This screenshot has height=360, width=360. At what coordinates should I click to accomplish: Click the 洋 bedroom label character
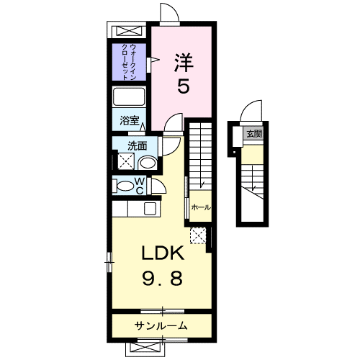point(184,63)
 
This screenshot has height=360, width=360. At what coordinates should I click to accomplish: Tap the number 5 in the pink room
point(184,86)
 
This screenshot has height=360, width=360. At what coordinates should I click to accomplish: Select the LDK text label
point(163,253)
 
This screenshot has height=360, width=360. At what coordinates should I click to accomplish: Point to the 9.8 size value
point(163,278)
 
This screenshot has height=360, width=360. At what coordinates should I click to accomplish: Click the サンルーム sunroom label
point(161,326)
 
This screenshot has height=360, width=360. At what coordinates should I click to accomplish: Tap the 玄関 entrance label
point(254,134)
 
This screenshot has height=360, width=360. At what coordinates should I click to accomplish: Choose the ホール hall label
point(201,207)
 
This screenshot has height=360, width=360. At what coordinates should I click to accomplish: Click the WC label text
point(140,186)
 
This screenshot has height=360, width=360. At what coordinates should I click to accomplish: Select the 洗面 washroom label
point(138,145)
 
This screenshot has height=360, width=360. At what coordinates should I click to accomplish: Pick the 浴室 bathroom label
point(130,120)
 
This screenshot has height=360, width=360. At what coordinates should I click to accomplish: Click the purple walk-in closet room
point(129,62)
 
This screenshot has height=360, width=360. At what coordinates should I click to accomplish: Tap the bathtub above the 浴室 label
point(129,96)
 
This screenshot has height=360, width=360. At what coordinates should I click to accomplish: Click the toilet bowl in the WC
point(125,186)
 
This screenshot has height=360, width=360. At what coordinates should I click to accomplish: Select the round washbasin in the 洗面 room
point(148,163)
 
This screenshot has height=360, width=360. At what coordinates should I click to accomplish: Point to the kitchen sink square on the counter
point(150,208)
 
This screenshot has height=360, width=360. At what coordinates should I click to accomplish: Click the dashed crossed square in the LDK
point(198,235)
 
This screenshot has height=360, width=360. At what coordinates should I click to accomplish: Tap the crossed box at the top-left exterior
point(129,32)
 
